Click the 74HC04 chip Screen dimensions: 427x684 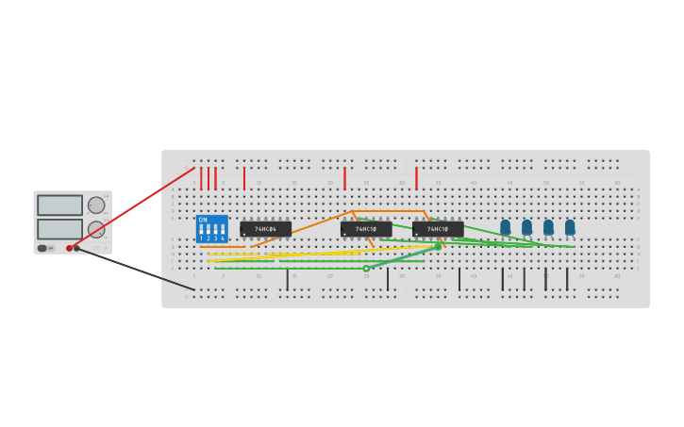(265, 229)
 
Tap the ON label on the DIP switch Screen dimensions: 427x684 (203, 220)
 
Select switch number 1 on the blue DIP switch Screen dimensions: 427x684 (201, 229)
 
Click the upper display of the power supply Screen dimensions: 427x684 (59, 205)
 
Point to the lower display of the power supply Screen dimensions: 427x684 (59, 229)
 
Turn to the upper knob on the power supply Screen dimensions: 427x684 (96, 205)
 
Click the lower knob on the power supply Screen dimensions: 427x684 (96, 229)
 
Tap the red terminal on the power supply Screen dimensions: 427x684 (69, 248)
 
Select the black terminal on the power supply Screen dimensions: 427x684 (77, 248)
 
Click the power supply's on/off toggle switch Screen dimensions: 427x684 (42, 248)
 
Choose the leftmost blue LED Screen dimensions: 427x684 (505, 227)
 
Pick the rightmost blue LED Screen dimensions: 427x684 (570, 227)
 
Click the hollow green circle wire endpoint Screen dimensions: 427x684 (366, 269)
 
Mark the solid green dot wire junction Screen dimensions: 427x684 (437, 247)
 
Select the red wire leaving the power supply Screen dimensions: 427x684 (132, 208)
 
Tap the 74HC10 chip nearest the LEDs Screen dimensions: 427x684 (438, 229)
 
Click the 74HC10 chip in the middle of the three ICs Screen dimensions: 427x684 (366, 229)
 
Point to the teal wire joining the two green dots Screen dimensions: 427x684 (403, 257)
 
